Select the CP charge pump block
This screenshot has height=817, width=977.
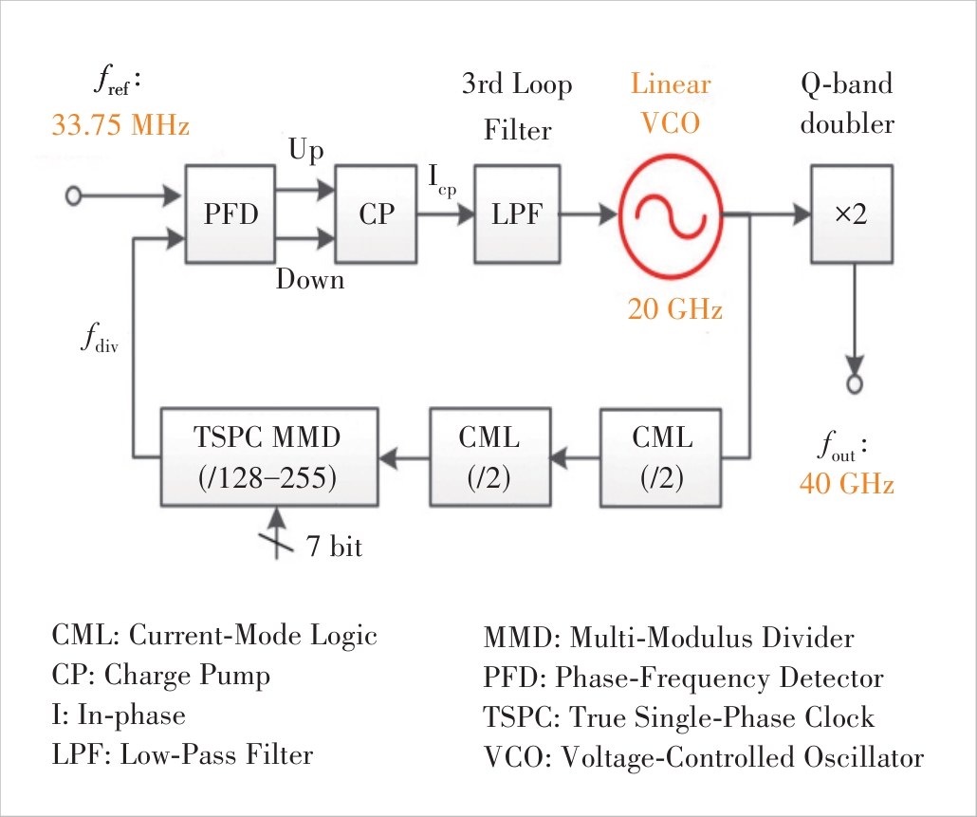point(376,214)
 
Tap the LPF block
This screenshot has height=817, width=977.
point(516,214)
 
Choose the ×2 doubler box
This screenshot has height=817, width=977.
point(851,214)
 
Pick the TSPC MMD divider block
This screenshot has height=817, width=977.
point(268,457)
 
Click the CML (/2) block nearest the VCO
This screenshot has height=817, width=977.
point(662,457)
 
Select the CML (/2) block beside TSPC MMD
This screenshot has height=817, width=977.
point(489,457)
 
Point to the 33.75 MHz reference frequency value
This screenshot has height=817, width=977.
point(120,125)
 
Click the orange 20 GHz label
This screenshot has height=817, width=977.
point(674,309)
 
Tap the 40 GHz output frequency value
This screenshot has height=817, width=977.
point(847,484)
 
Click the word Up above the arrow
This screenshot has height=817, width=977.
point(305,152)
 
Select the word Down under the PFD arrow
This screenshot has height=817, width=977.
point(310,280)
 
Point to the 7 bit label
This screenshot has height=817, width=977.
point(333,547)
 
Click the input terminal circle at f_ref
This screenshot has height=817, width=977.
point(73,196)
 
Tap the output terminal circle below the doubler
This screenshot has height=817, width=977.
point(855,384)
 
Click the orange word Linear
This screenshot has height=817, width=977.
point(671,84)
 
